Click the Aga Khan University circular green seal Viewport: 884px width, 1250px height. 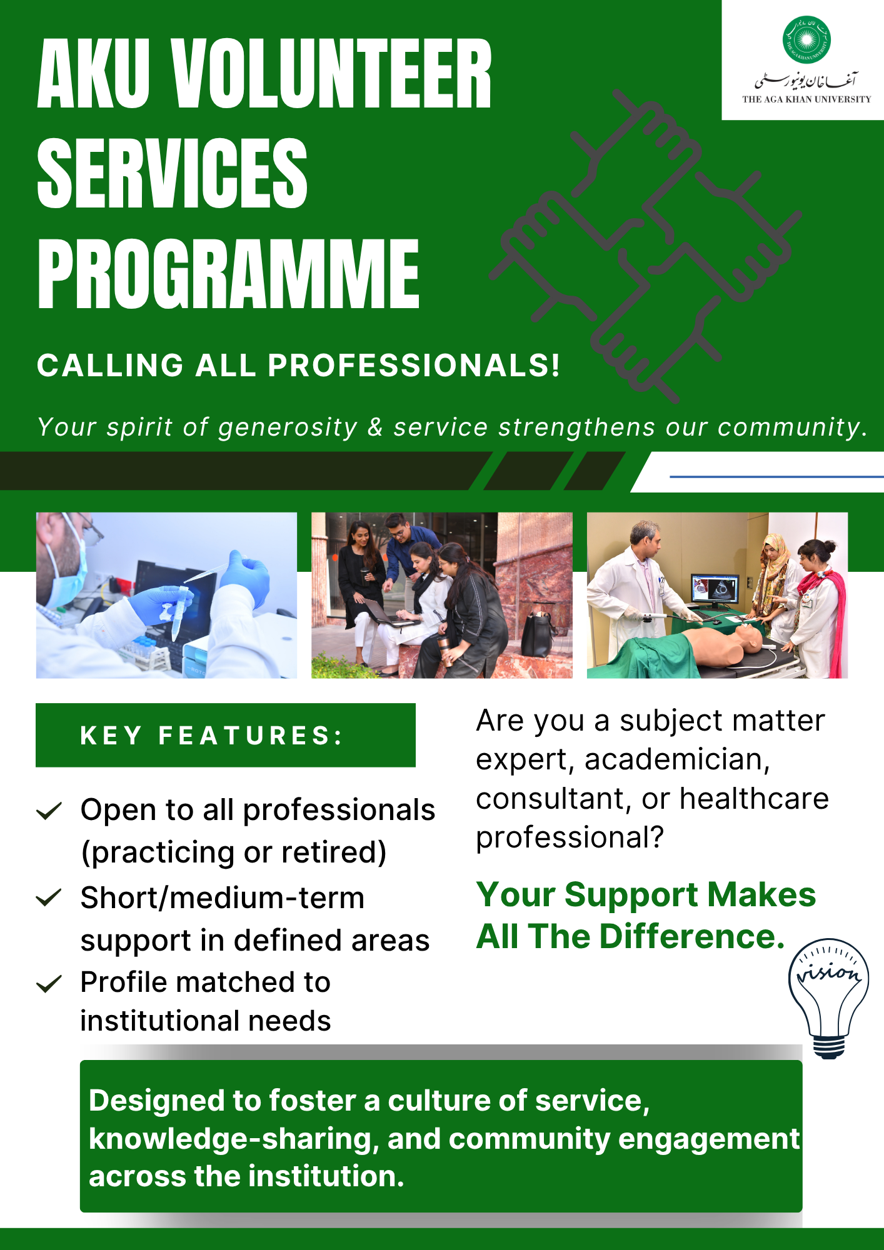(x=806, y=40)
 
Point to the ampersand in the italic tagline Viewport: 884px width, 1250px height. (x=375, y=427)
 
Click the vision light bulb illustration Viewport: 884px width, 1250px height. (x=828, y=998)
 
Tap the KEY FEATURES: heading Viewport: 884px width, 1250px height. (x=212, y=736)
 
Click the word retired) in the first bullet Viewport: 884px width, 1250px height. (x=334, y=852)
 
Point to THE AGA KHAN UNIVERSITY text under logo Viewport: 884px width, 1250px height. (x=806, y=99)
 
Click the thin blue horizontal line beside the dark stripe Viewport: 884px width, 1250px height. (x=776, y=477)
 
